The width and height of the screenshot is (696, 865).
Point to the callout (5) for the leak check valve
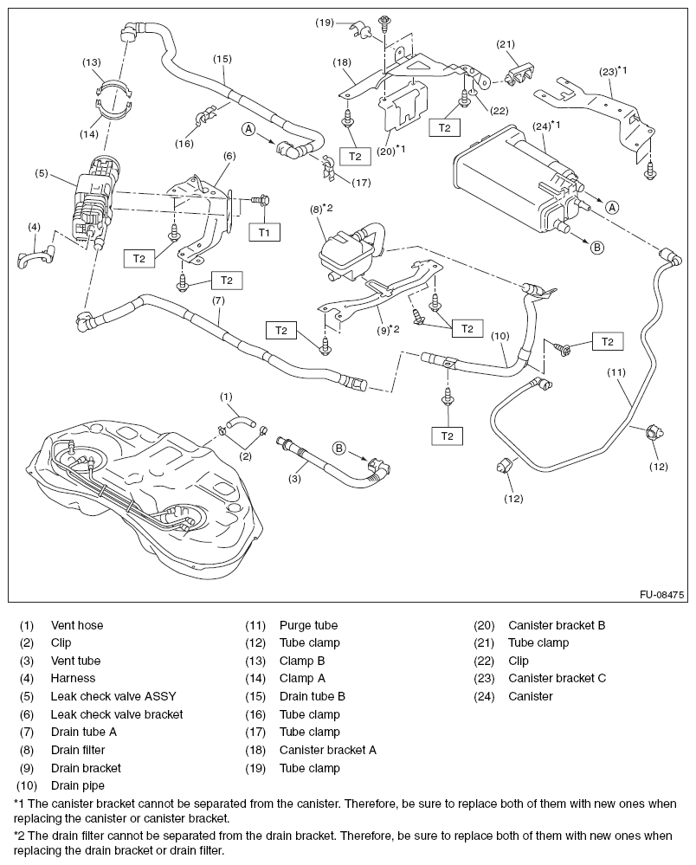41,173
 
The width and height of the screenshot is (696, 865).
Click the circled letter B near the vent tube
339,448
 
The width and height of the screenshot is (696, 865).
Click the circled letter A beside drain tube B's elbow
248,129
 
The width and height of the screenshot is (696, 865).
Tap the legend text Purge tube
308,625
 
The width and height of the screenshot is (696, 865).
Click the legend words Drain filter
78,750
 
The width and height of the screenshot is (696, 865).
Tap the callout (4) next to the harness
34,228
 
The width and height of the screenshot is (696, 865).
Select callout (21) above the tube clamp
506,44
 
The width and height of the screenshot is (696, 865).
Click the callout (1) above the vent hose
226,397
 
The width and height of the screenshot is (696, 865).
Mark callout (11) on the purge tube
615,373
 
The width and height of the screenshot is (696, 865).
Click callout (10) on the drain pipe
499,335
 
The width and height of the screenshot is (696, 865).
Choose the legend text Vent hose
76,625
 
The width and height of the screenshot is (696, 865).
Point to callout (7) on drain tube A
218,300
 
